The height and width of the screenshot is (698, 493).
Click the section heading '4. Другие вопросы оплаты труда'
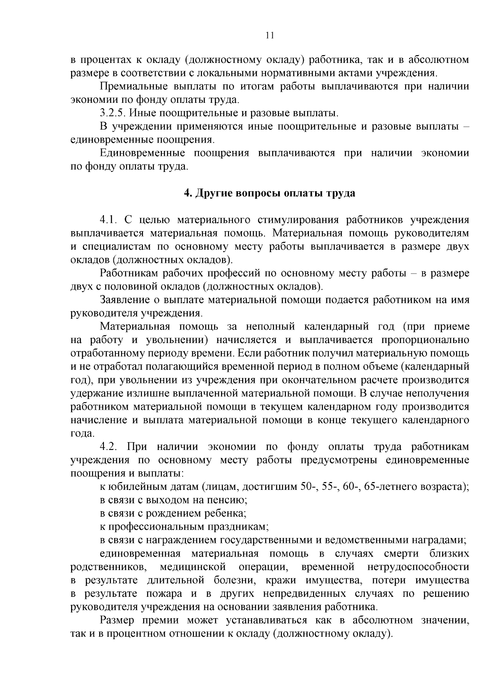269,193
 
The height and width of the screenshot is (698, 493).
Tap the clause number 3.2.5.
113,113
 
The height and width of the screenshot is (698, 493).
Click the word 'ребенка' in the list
228,513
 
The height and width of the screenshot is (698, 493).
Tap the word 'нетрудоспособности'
418,567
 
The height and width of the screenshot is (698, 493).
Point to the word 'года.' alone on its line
83,434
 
